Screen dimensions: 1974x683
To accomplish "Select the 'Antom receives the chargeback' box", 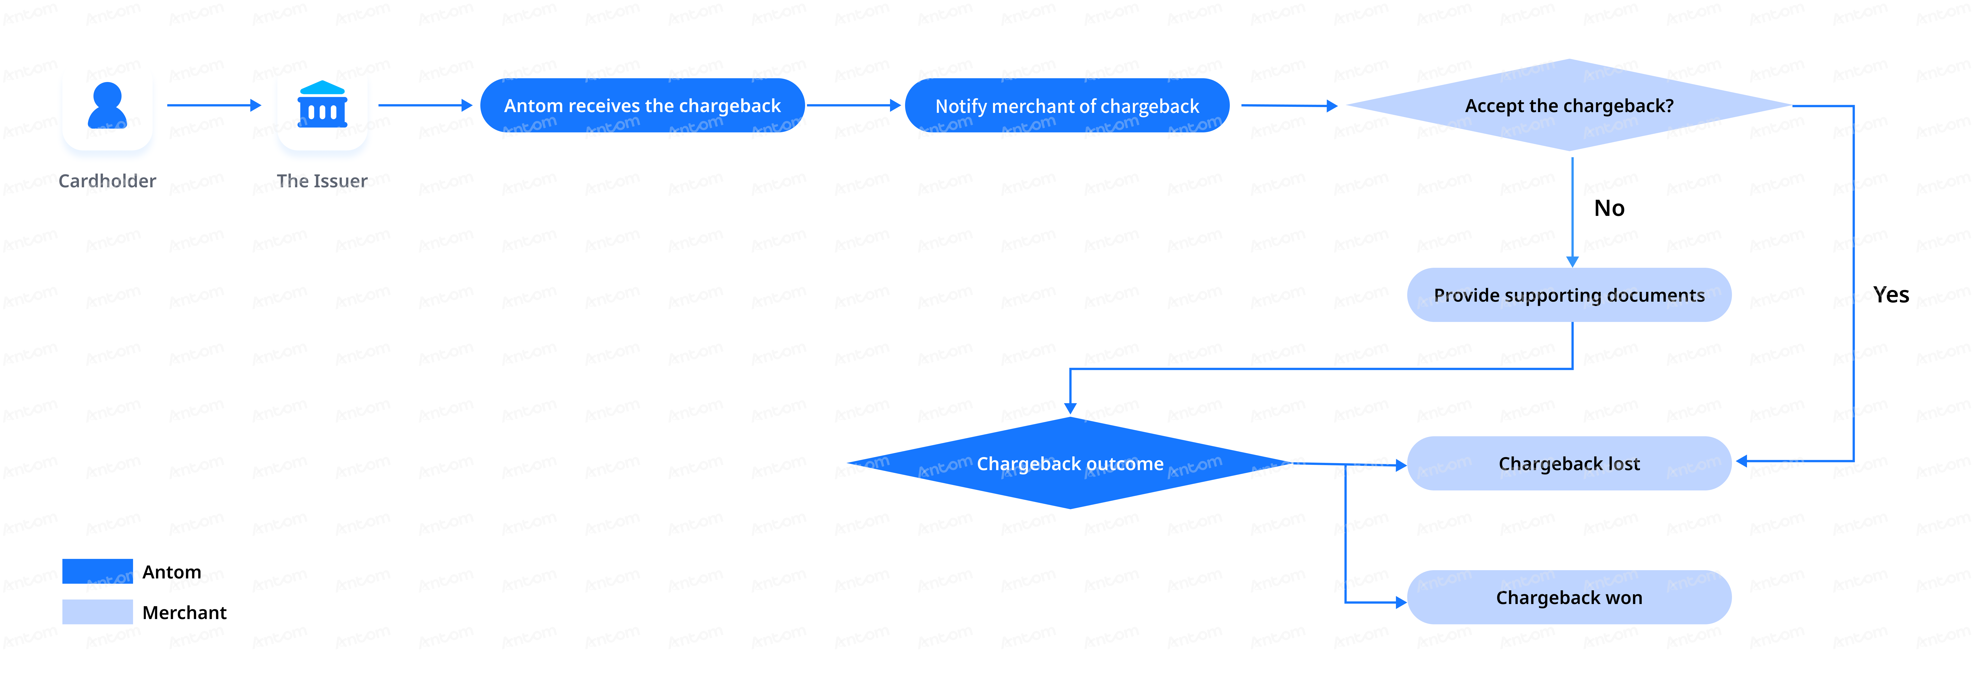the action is [642, 106].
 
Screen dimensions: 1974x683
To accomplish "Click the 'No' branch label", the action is [1609, 209].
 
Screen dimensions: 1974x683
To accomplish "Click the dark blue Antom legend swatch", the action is [97, 571].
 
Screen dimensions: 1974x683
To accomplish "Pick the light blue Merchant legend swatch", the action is [97, 612].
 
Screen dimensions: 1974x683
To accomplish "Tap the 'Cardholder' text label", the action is [107, 181].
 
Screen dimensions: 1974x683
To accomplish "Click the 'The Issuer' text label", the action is [322, 181].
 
